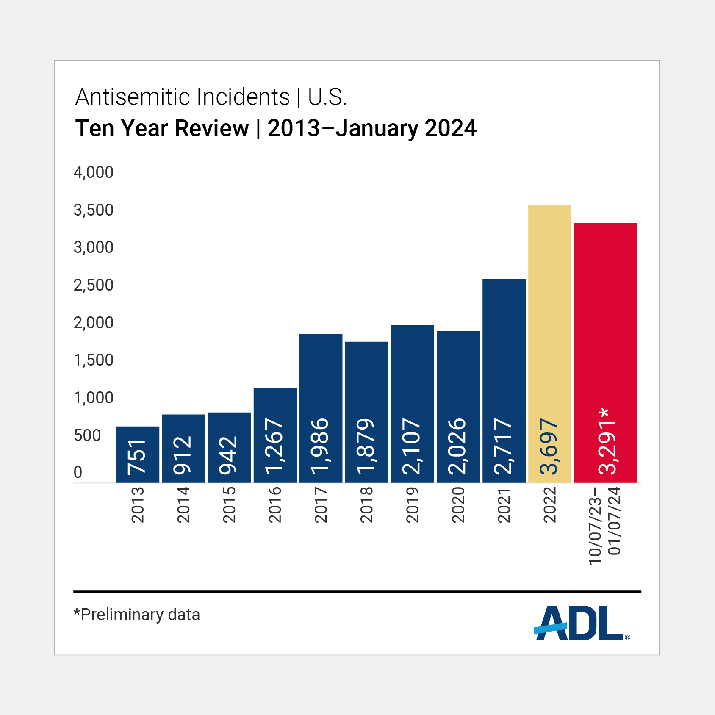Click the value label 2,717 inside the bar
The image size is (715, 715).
click(x=504, y=446)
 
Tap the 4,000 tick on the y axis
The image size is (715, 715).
click(x=94, y=172)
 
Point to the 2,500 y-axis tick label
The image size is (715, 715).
click(x=94, y=285)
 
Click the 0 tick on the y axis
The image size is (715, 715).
click(x=78, y=472)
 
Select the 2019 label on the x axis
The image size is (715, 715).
click(x=412, y=505)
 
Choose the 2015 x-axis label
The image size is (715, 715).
click(x=229, y=505)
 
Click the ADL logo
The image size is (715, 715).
click(x=580, y=623)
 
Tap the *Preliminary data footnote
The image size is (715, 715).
click(x=137, y=615)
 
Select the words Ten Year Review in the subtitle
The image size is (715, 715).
click(x=162, y=128)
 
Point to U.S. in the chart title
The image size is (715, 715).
click(x=327, y=97)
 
